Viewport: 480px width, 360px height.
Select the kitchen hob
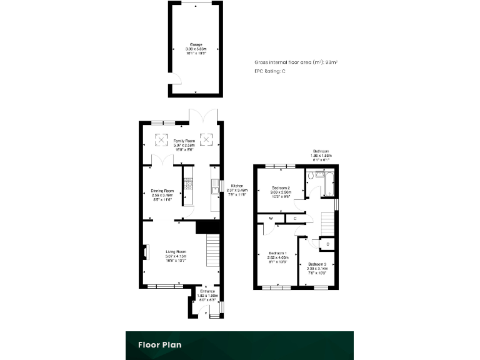[x=188, y=184]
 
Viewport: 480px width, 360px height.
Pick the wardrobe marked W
[x=271, y=218]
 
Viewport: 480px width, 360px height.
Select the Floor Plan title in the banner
[x=161, y=344]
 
